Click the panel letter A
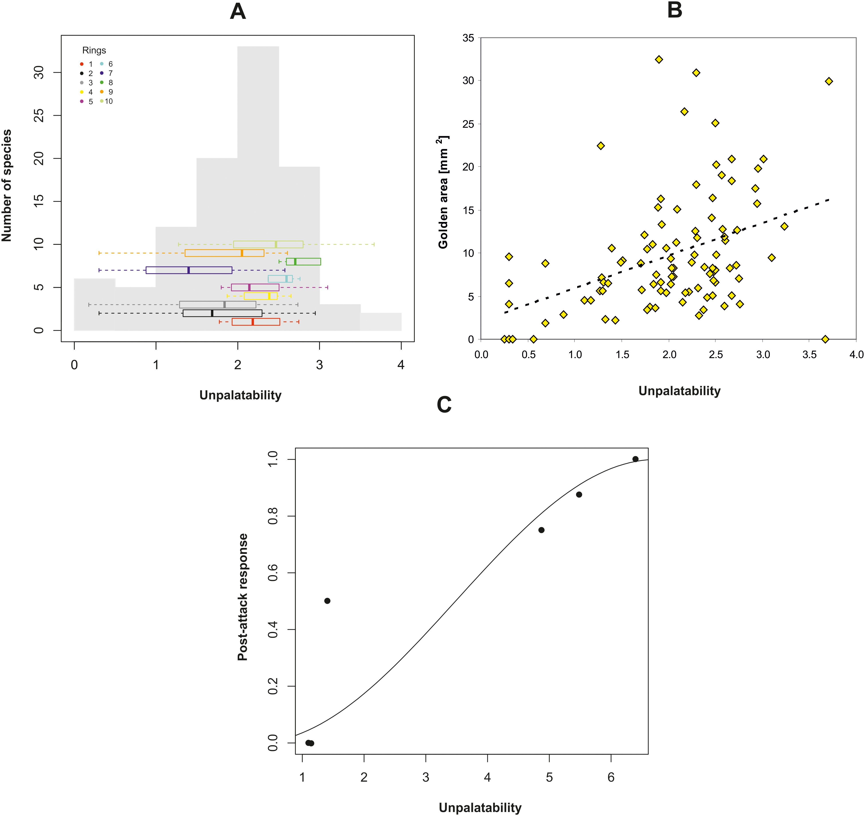238,12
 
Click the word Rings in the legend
94,51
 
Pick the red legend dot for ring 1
82,64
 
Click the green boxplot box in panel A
303,261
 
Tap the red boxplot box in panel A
256,322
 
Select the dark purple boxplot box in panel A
189,270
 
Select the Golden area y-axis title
443,192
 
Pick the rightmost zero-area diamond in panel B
825,339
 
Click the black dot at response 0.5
327,601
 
